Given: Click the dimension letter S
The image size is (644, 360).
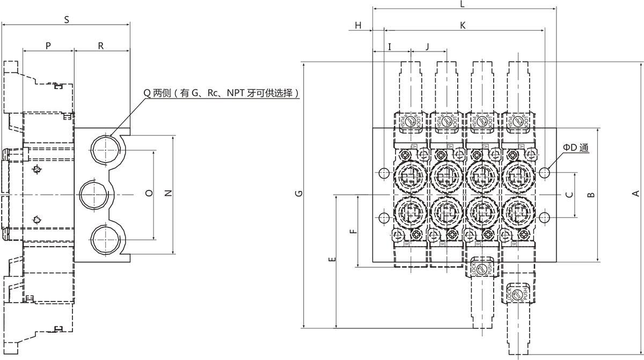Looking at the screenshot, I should [67, 20].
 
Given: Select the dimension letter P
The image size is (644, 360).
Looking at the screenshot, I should [48, 46].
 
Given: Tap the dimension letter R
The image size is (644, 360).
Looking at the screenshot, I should [101, 46].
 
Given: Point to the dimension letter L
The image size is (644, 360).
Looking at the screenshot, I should [463, 4].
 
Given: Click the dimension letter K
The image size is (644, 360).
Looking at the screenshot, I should [463, 25].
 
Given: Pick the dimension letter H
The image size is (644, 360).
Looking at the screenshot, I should [358, 25].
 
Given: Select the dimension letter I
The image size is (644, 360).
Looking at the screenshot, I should [390, 47].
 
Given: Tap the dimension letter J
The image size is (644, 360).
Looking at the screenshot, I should [427, 47].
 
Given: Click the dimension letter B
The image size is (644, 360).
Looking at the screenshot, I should [590, 195].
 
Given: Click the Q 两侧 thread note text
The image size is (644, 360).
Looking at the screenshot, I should [221, 93].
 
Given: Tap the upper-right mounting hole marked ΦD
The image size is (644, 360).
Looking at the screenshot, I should [545, 173].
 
